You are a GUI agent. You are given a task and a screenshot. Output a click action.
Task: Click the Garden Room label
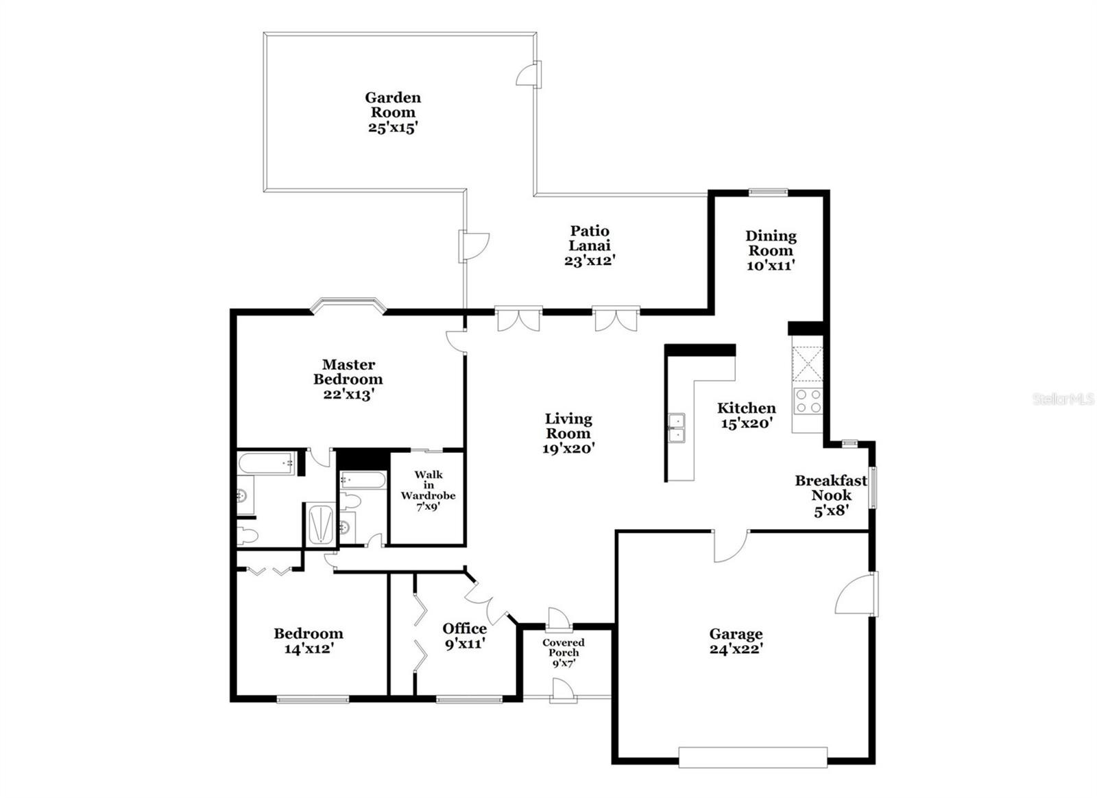[x=393, y=105]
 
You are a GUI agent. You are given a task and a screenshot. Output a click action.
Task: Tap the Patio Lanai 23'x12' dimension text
[x=590, y=260]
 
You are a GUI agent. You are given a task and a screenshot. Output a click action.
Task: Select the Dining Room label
[x=771, y=243]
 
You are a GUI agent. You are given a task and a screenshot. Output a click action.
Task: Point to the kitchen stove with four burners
[x=808, y=401]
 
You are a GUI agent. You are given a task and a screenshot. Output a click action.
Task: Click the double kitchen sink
[x=677, y=428]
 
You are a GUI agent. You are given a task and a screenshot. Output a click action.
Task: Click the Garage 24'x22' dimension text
[x=736, y=649]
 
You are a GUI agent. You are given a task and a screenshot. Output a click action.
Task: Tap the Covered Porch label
[x=563, y=647]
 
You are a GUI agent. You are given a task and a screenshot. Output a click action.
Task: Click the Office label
[x=464, y=629]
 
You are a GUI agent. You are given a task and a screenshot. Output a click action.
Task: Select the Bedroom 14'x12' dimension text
[x=309, y=648]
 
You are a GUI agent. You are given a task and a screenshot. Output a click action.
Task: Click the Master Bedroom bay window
[x=348, y=305]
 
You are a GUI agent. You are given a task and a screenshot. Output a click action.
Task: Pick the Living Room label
[x=568, y=426]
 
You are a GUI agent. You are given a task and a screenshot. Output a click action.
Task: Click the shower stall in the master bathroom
[x=321, y=525]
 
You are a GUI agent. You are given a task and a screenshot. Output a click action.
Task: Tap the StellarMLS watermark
[x=1063, y=399]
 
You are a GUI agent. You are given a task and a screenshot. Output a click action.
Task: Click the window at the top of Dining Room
[x=768, y=193]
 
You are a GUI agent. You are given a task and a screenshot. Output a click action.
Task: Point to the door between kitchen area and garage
[x=730, y=545]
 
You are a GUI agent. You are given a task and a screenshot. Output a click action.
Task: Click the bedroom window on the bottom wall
[x=313, y=699]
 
